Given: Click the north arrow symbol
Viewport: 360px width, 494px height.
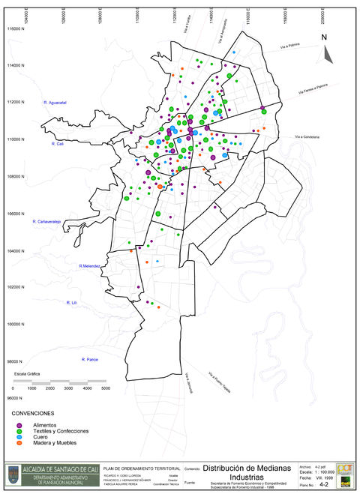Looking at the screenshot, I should coord(326,49).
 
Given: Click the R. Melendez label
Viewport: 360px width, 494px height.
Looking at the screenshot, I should coord(89,266).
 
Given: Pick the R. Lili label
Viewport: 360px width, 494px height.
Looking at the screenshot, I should coord(72,303).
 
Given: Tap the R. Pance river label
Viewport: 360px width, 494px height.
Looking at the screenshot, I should coord(90,360).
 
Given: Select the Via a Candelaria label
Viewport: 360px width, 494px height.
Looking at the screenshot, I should coord(307,136).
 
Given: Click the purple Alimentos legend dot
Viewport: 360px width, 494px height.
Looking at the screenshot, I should coord(19,425).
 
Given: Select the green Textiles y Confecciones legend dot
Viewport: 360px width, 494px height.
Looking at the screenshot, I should coord(19,431).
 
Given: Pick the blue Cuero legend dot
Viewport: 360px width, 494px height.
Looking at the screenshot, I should coord(19,437).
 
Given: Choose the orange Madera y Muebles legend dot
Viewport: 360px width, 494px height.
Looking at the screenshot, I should coord(19,443).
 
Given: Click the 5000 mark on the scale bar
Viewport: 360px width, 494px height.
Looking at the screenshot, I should coord(105,388).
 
